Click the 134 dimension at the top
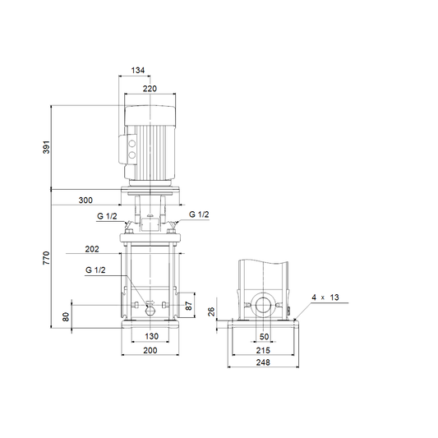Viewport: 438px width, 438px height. [x=138, y=70]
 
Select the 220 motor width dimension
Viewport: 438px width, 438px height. [x=150, y=89]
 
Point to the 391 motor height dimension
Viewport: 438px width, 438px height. [x=46, y=147]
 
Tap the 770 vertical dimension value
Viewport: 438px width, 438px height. [x=46, y=258]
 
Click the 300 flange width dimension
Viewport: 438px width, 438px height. [x=85, y=201]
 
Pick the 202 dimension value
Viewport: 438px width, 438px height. [x=92, y=249]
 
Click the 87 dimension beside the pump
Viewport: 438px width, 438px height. [x=189, y=306]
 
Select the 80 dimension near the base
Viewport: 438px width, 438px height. [x=66, y=317]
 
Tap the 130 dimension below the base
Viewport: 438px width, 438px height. [x=151, y=336]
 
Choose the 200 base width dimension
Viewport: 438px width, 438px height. [x=150, y=350]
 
